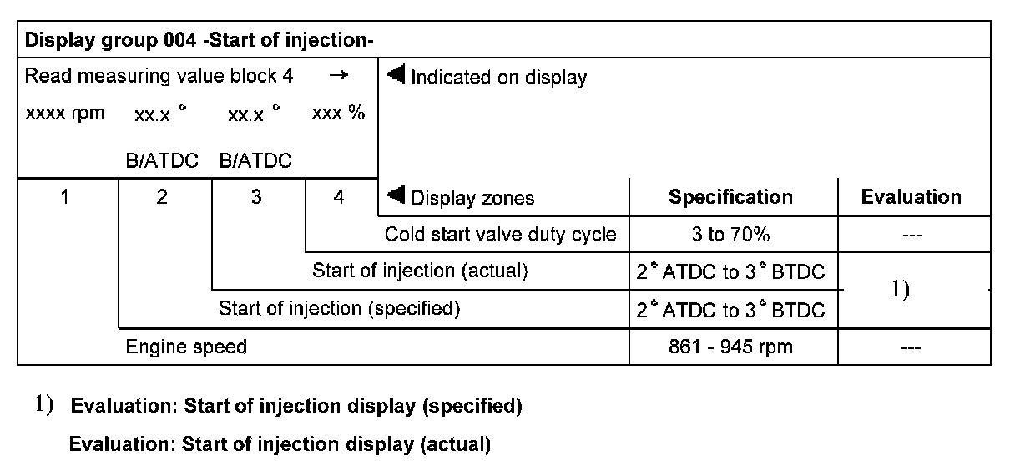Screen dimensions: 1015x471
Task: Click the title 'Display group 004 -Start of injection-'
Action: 199,40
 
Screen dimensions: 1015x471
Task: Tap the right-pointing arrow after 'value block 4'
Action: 338,76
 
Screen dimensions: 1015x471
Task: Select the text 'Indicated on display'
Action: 498,78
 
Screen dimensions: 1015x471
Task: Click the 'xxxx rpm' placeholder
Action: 65,114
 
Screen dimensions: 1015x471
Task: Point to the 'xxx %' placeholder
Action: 338,114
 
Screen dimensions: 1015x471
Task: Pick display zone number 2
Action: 162,198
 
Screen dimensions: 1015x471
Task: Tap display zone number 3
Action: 256,198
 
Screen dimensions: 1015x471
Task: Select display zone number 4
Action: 338,198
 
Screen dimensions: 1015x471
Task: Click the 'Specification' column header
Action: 730,198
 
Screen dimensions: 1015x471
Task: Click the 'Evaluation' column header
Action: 911,198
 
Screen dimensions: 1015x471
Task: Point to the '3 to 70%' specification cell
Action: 730,235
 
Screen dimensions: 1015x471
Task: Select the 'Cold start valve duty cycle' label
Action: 500,235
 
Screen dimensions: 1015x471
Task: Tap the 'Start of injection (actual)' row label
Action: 420,271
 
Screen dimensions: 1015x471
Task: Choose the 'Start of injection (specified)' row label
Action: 339,309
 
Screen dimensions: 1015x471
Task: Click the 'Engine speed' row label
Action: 186,347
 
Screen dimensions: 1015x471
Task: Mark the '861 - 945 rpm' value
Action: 730,347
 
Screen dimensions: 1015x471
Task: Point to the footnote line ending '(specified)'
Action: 296,407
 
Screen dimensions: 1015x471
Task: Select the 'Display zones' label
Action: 472,198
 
